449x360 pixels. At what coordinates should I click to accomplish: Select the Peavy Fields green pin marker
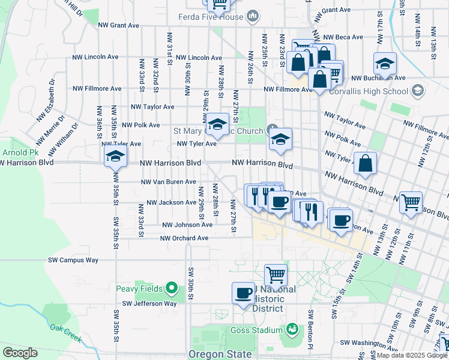tap(171, 289)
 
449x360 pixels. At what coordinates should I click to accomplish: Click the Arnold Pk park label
tap(13, 153)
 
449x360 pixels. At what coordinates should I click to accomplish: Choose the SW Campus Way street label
tap(73, 260)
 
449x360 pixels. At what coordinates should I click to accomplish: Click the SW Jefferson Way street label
tap(149, 304)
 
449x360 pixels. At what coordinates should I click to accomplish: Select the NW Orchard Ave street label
tap(184, 238)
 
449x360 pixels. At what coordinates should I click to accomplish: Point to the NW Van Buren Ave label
tap(168, 182)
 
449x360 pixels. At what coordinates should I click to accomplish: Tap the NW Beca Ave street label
tap(341, 37)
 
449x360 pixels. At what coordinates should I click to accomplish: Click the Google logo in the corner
tap(20, 353)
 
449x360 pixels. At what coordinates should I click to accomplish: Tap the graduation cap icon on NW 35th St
tap(114, 157)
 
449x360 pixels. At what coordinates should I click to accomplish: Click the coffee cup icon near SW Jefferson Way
tap(243, 293)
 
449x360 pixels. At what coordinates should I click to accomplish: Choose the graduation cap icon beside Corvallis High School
tap(385, 62)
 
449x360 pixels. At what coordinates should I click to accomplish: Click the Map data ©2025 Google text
tap(411, 355)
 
